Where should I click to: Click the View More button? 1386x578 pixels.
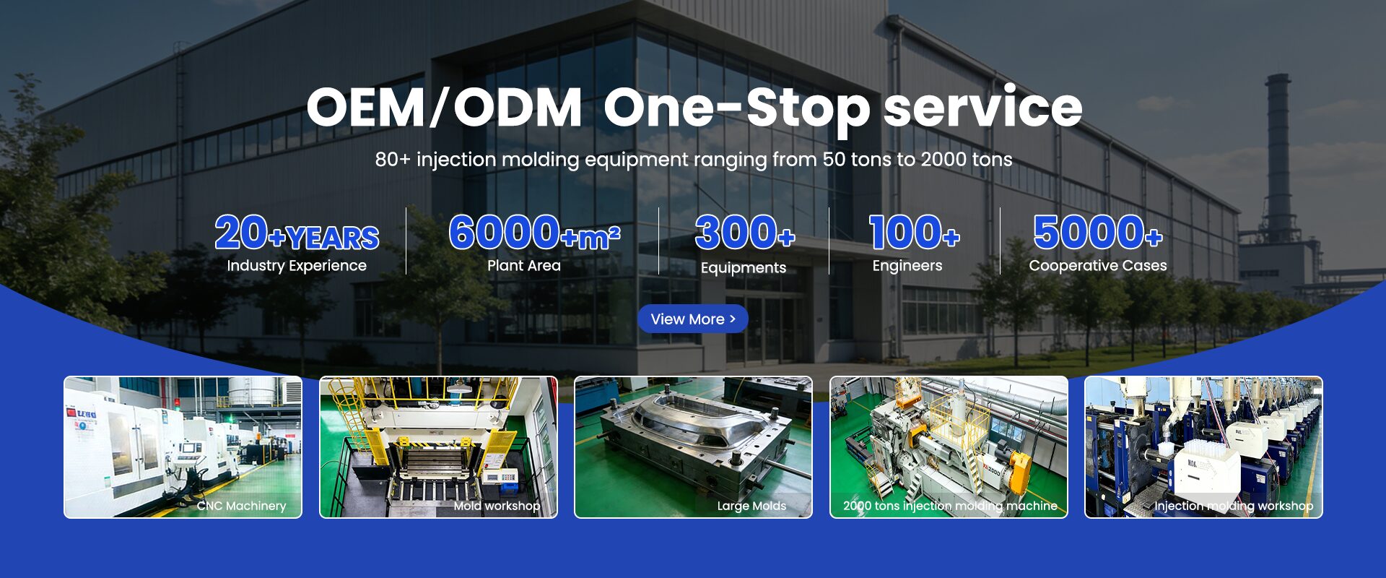point(692,319)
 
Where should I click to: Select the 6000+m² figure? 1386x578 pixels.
point(534,233)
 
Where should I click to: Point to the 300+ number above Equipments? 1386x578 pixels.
point(744,233)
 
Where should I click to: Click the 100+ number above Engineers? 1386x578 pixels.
point(914,233)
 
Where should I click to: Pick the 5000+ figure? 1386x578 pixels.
point(1098,233)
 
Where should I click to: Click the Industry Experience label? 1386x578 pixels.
point(297,266)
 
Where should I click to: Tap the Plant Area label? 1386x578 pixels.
point(524,265)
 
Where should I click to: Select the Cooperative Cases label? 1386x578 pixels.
point(1098,265)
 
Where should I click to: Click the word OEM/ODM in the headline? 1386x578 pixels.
point(444,108)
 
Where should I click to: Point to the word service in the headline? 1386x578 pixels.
point(983,107)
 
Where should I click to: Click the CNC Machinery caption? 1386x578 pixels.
point(241,506)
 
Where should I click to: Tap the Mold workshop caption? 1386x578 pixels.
point(497,506)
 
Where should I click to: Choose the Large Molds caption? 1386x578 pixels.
point(751,506)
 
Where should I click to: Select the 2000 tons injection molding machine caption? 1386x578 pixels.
point(950,506)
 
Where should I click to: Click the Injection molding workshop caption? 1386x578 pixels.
point(1234,506)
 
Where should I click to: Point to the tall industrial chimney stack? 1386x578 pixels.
point(1278,152)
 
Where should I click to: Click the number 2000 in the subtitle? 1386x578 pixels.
point(943,159)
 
